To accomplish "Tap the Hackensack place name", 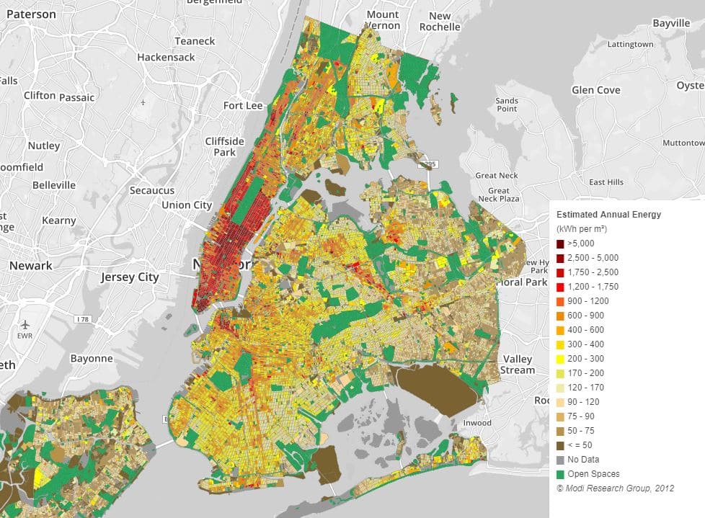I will coord(166,56).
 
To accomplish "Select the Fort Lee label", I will coord(243,105).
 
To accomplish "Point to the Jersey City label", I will coord(129,277).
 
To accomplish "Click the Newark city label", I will coord(30,265).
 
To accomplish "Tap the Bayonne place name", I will coord(92,358).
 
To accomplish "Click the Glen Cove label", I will coord(595,90).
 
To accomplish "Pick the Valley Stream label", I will coord(518,364).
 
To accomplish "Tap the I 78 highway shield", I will coord(83,318).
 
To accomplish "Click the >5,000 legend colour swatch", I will coord(561,244).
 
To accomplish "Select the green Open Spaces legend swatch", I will coord(561,474).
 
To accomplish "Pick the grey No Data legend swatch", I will coord(561,460).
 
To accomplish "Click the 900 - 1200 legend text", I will coord(587,301).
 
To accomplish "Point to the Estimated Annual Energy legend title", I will coord(608,215).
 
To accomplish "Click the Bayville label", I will coord(671,23).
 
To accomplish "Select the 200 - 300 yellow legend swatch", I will coord(561,359).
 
